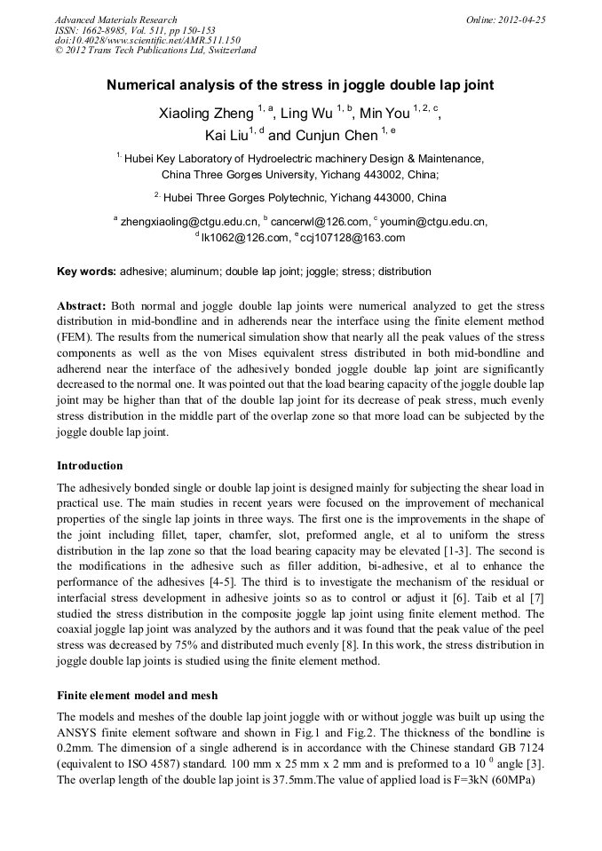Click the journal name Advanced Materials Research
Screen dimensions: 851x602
[x=115, y=20]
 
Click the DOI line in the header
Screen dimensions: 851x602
[x=147, y=40]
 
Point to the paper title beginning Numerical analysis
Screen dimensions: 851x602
[x=300, y=86]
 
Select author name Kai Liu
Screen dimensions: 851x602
[x=226, y=136]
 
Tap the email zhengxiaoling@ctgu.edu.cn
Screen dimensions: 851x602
[x=189, y=221]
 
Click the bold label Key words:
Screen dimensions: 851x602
[x=86, y=272]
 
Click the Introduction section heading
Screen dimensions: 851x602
[x=90, y=466]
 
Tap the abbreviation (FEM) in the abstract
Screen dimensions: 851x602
[x=76, y=336]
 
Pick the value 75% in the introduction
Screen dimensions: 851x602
[x=206, y=645]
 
